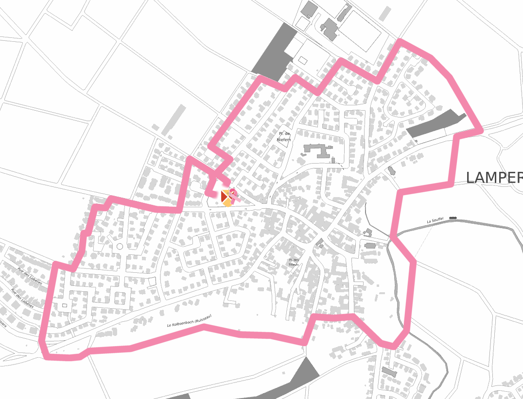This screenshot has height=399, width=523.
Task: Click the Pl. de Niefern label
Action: point(284,136)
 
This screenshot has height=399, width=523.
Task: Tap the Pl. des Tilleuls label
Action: point(293,262)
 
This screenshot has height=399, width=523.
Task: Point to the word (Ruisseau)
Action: point(204,317)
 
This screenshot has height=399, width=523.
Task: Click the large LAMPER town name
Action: point(493,178)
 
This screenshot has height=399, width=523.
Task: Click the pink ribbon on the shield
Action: point(233,195)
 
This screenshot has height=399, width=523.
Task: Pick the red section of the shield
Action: point(224,196)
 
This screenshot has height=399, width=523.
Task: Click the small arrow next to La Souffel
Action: point(453,218)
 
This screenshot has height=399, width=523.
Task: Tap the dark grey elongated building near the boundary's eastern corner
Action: point(436,123)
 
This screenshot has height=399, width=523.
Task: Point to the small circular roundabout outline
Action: point(120,247)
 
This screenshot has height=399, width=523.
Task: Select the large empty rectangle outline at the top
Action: point(359,31)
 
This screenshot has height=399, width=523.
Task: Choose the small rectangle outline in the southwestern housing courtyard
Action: point(63,305)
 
